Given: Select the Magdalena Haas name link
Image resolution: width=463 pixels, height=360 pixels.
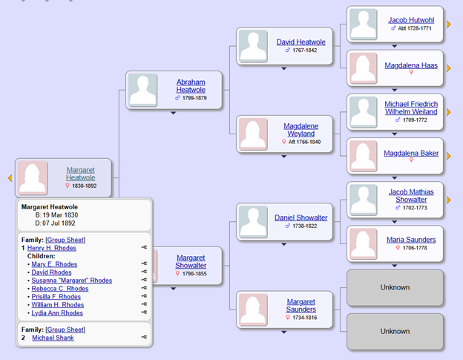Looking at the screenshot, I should tap(410, 65).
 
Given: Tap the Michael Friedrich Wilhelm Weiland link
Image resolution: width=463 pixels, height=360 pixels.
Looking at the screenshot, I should tap(411, 108).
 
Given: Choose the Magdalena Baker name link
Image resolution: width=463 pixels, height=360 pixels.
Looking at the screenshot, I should tap(410, 154).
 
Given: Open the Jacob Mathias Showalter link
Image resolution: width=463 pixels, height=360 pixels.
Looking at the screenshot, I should tap(407, 195).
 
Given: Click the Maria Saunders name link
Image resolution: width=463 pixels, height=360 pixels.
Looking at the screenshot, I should tap(410, 240).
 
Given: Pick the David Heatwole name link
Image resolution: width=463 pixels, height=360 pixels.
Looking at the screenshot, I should tap(301, 42).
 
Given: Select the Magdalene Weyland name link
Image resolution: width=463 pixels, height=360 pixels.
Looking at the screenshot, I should tap(301, 130).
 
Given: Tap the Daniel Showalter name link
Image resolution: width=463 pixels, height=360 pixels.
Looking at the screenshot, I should tap(301, 217).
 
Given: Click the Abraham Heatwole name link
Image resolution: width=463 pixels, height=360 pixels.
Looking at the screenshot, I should tap(191, 85).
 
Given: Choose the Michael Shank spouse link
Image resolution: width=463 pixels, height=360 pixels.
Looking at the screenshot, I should tap(52, 338).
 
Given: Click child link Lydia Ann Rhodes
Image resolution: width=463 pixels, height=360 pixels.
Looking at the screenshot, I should tap(57, 313).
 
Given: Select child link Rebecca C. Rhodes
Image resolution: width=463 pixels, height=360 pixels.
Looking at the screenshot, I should tap(59, 289).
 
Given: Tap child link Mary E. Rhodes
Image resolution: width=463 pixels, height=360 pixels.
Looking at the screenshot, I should tap(54, 264).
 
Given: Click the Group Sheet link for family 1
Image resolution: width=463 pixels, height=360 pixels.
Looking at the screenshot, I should tap(65, 240).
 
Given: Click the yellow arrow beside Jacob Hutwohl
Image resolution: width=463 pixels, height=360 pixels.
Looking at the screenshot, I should tap(448, 24).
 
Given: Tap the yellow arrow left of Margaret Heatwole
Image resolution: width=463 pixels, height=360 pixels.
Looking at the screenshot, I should tap(10, 178).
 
